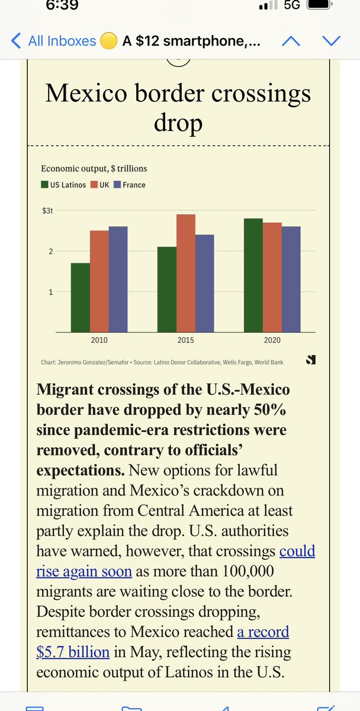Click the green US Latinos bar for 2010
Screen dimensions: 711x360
click(x=81, y=297)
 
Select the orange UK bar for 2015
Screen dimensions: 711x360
click(x=186, y=273)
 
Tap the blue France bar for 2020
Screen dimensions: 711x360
click(x=291, y=279)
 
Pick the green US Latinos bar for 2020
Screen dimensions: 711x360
click(x=253, y=276)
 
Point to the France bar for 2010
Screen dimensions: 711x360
click(x=118, y=279)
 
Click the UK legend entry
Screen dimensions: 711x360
click(x=101, y=185)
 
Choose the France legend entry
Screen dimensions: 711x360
click(x=130, y=185)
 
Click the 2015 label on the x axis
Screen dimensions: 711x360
click(x=186, y=340)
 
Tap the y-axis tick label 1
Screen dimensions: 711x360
click(x=51, y=292)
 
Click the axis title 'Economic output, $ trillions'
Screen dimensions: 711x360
click(x=94, y=169)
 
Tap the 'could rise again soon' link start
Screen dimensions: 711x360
click(x=297, y=551)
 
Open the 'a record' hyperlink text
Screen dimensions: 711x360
click(x=263, y=632)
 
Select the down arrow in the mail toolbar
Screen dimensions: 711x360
click(x=331, y=41)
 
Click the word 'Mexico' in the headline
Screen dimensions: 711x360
click(x=88, y=94)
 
